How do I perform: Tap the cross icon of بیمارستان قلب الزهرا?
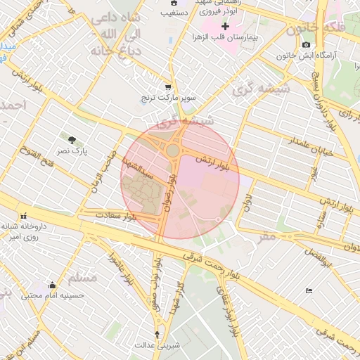point(225,26)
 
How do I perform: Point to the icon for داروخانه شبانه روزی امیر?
point(25,216)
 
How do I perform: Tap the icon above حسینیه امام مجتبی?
point(52,285)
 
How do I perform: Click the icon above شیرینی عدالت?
point(157,335)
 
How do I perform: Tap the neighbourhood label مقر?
point(267,238)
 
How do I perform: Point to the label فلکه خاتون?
point(323,28)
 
